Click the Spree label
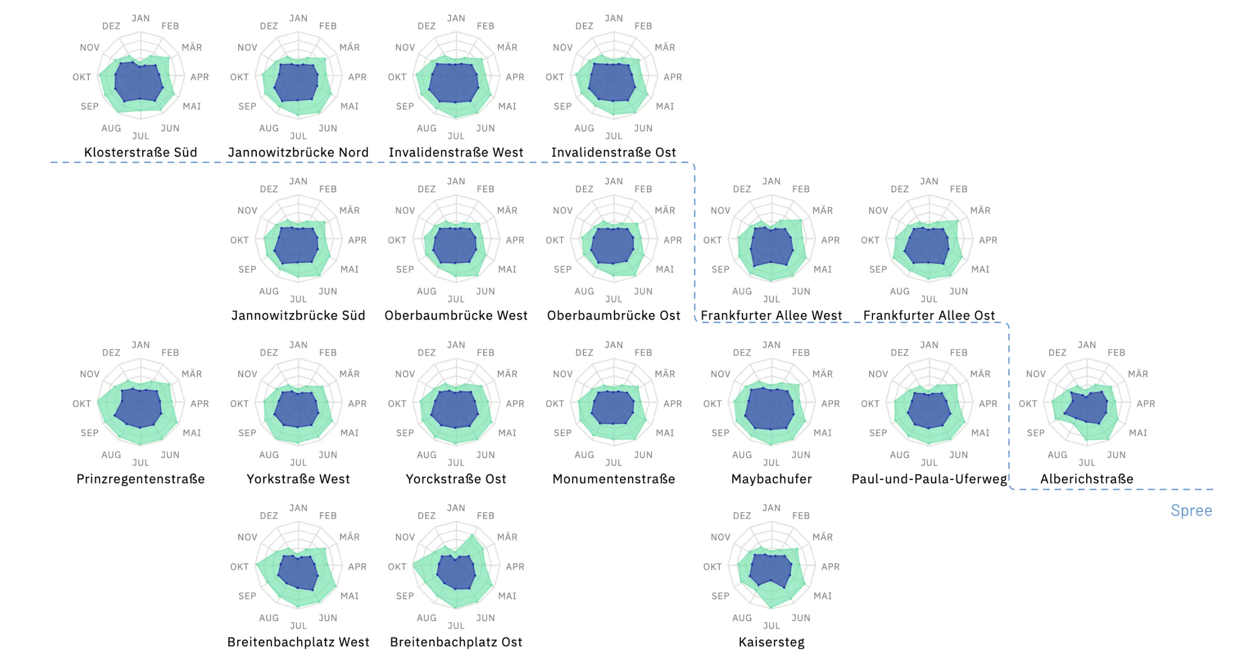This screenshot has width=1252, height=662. [1191, 510]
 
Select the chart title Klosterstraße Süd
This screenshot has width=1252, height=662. [141, 152]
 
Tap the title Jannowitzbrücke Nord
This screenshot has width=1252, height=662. [298, 152]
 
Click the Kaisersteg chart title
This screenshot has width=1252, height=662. [771, 642]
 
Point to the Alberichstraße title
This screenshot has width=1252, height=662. [1086, 479]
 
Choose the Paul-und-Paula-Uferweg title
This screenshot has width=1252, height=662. [929, 479]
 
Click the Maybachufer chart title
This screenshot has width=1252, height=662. [771, 479]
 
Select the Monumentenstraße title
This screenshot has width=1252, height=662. [613, 479]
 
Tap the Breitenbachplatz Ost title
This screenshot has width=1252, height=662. [456, 642]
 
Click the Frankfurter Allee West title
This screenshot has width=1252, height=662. [771, 315]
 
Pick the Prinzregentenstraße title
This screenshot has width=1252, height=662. [141, 479]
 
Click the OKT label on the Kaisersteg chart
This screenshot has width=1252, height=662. [712, 567]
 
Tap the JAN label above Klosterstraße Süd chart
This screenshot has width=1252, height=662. [141, 18]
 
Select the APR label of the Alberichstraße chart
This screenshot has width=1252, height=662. [1146, 404]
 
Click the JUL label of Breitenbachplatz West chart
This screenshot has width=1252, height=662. [298, 625]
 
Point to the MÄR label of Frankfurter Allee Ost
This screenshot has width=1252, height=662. [980, 210]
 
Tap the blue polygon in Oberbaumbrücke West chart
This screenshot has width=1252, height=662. [455, 245]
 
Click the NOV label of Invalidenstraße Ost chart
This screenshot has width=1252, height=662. [563, 47]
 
